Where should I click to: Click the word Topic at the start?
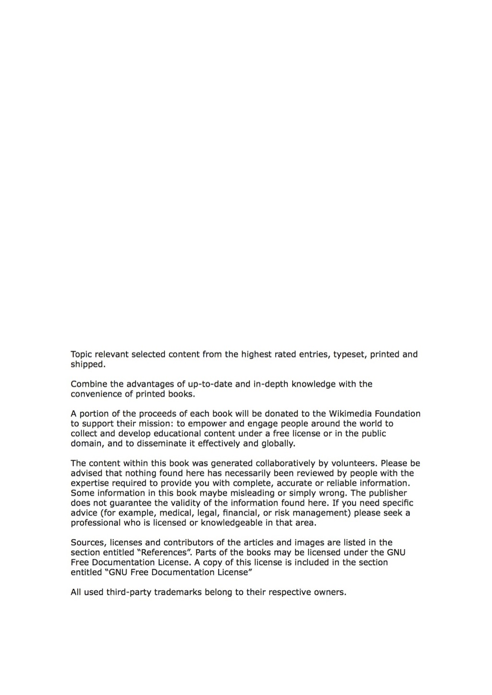pyautogui.click(x=81, y=355)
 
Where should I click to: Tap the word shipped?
pyautogui.click(x=87, y=364)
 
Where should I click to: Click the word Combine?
pyautogui.click(x=88, y=384)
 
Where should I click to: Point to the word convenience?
pyautogui.click(x=98, y=394)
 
